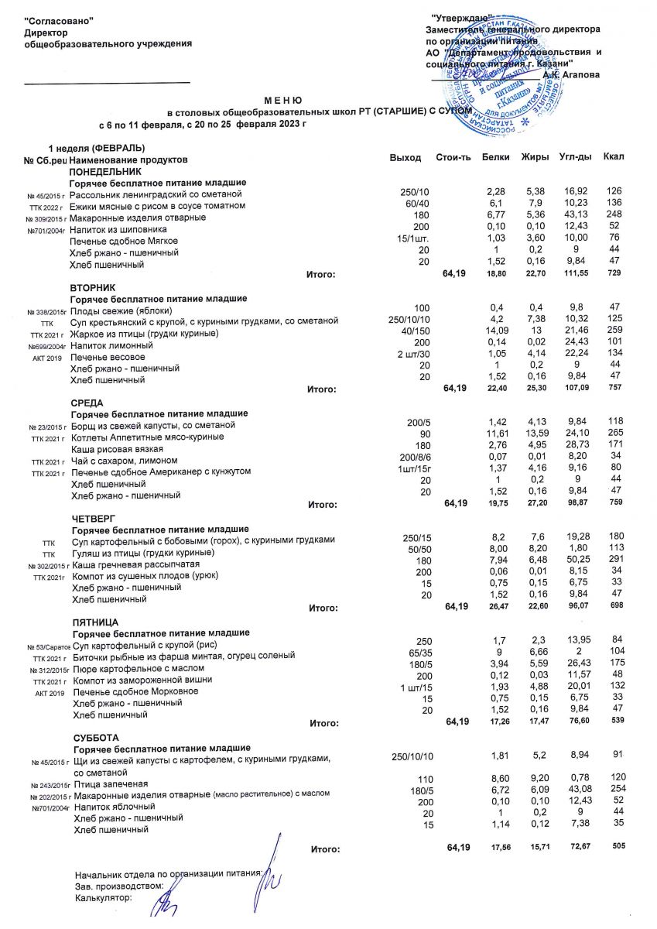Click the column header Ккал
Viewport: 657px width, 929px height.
pos(614,158)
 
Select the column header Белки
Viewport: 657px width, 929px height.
pos(494,158)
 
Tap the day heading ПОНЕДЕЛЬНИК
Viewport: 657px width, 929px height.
pos(106,170)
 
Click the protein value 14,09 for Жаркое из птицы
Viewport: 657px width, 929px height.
pos(493,332)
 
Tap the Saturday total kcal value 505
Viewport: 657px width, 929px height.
pos(618,846)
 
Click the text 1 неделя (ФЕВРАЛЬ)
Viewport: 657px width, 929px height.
pos(98,147)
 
